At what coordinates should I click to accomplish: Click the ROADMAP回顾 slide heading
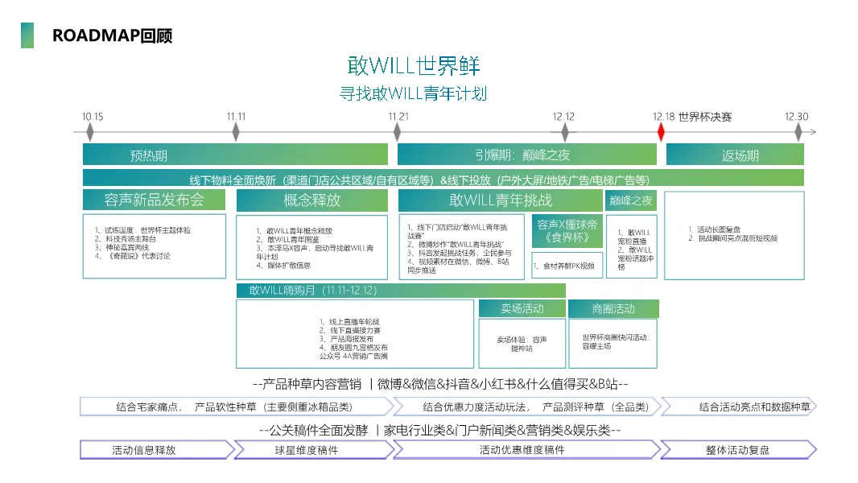point(112,35)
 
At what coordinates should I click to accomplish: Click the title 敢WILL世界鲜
point(414,65)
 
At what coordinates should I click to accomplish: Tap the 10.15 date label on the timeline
point(93,116)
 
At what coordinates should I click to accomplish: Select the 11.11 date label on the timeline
point(236,116)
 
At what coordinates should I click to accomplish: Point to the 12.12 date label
point(563,116)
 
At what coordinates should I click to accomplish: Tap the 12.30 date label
point(797,116)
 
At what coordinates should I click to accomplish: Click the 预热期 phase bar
point(235,155)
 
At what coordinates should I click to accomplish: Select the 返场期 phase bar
point(735,155)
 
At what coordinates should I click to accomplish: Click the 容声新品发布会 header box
point(155,200)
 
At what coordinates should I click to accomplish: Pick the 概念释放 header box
point(312,200)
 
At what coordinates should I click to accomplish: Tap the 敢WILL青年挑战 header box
point(500,200)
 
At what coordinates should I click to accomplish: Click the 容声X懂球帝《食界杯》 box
point(567,231)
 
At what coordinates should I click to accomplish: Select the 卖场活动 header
point(522,308)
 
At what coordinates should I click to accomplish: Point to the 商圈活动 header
point(613,308)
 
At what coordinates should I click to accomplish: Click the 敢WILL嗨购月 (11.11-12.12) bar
point(401,291)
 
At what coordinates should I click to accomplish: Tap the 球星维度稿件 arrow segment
point(312,450)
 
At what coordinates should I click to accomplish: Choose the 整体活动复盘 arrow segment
point(737,450)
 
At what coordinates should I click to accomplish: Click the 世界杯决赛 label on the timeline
point(705,116)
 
